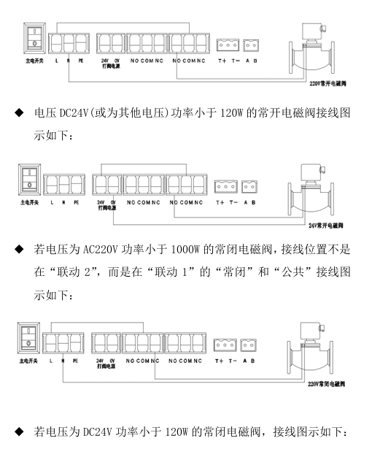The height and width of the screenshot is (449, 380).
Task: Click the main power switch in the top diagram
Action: (34, 39)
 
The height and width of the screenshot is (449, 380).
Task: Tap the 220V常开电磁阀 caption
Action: (328, 84)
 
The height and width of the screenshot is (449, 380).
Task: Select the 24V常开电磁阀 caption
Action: (326, 226)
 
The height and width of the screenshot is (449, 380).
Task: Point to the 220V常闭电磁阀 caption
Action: (327, 384)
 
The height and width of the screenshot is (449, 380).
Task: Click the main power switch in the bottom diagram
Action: (28, 339)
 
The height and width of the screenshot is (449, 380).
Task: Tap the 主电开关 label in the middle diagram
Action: (29, 202)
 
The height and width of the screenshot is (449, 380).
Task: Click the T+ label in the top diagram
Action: (222, 61)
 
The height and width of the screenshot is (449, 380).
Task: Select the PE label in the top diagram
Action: (81, 61)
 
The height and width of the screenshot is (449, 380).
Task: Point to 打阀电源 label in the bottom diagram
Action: (106, 367)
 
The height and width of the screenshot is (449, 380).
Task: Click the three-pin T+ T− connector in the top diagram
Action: (228, 45)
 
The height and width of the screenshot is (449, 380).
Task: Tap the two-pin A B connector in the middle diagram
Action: (249, 187)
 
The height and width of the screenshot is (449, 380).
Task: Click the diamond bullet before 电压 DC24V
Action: (19, 112)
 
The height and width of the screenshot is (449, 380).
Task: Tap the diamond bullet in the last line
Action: (19, 431)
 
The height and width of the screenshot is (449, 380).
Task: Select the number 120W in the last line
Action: (177, 431)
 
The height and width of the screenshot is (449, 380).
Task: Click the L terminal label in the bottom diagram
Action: (50, 361)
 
